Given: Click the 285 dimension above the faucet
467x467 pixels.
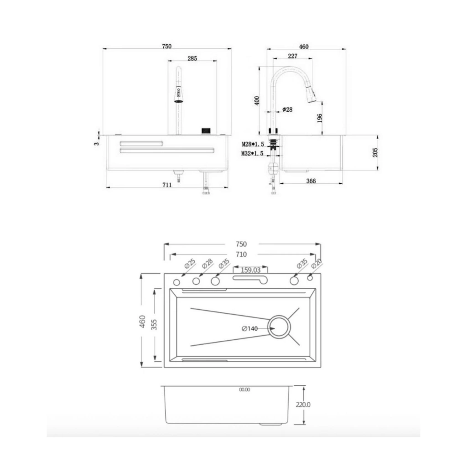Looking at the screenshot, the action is point(192,58).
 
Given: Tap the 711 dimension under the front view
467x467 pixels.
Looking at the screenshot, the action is point(167,185).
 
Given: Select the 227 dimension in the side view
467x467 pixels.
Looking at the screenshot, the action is point(292,56).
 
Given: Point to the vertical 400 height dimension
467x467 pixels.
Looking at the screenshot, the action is point(257,100).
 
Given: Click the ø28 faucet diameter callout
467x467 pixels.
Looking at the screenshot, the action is point(287,109).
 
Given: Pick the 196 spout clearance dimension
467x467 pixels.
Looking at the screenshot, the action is point(320,118).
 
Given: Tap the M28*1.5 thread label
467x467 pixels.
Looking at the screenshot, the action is point(253,144).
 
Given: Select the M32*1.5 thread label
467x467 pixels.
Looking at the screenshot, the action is point(253,153).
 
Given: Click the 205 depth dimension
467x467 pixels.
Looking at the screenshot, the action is point(375,152).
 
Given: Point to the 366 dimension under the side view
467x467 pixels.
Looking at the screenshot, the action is point(311,181).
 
